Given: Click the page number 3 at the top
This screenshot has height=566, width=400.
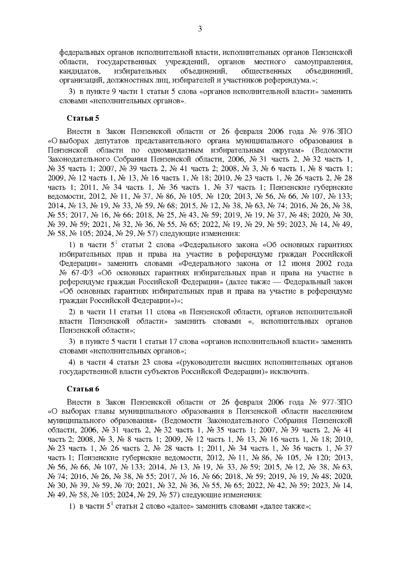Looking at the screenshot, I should [x=200, y=29].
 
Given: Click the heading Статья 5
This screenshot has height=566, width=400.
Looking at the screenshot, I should [x=83, y=118].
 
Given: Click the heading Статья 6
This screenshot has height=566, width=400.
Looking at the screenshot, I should [x=83, y=389].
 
